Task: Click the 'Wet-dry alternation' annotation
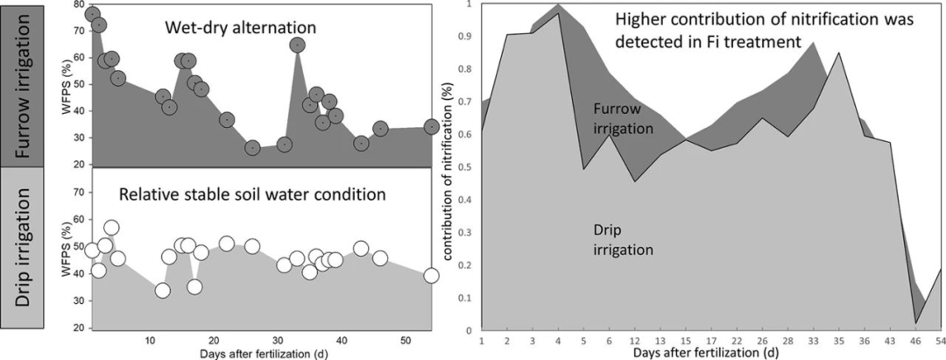point(241,29)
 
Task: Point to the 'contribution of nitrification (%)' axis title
point(449,167)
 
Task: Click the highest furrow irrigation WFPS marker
point(92,14)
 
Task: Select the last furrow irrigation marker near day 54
point(431,127)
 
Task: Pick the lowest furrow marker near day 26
point(252,148)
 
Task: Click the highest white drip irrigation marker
point(111,228)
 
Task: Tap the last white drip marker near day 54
point(431,275)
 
